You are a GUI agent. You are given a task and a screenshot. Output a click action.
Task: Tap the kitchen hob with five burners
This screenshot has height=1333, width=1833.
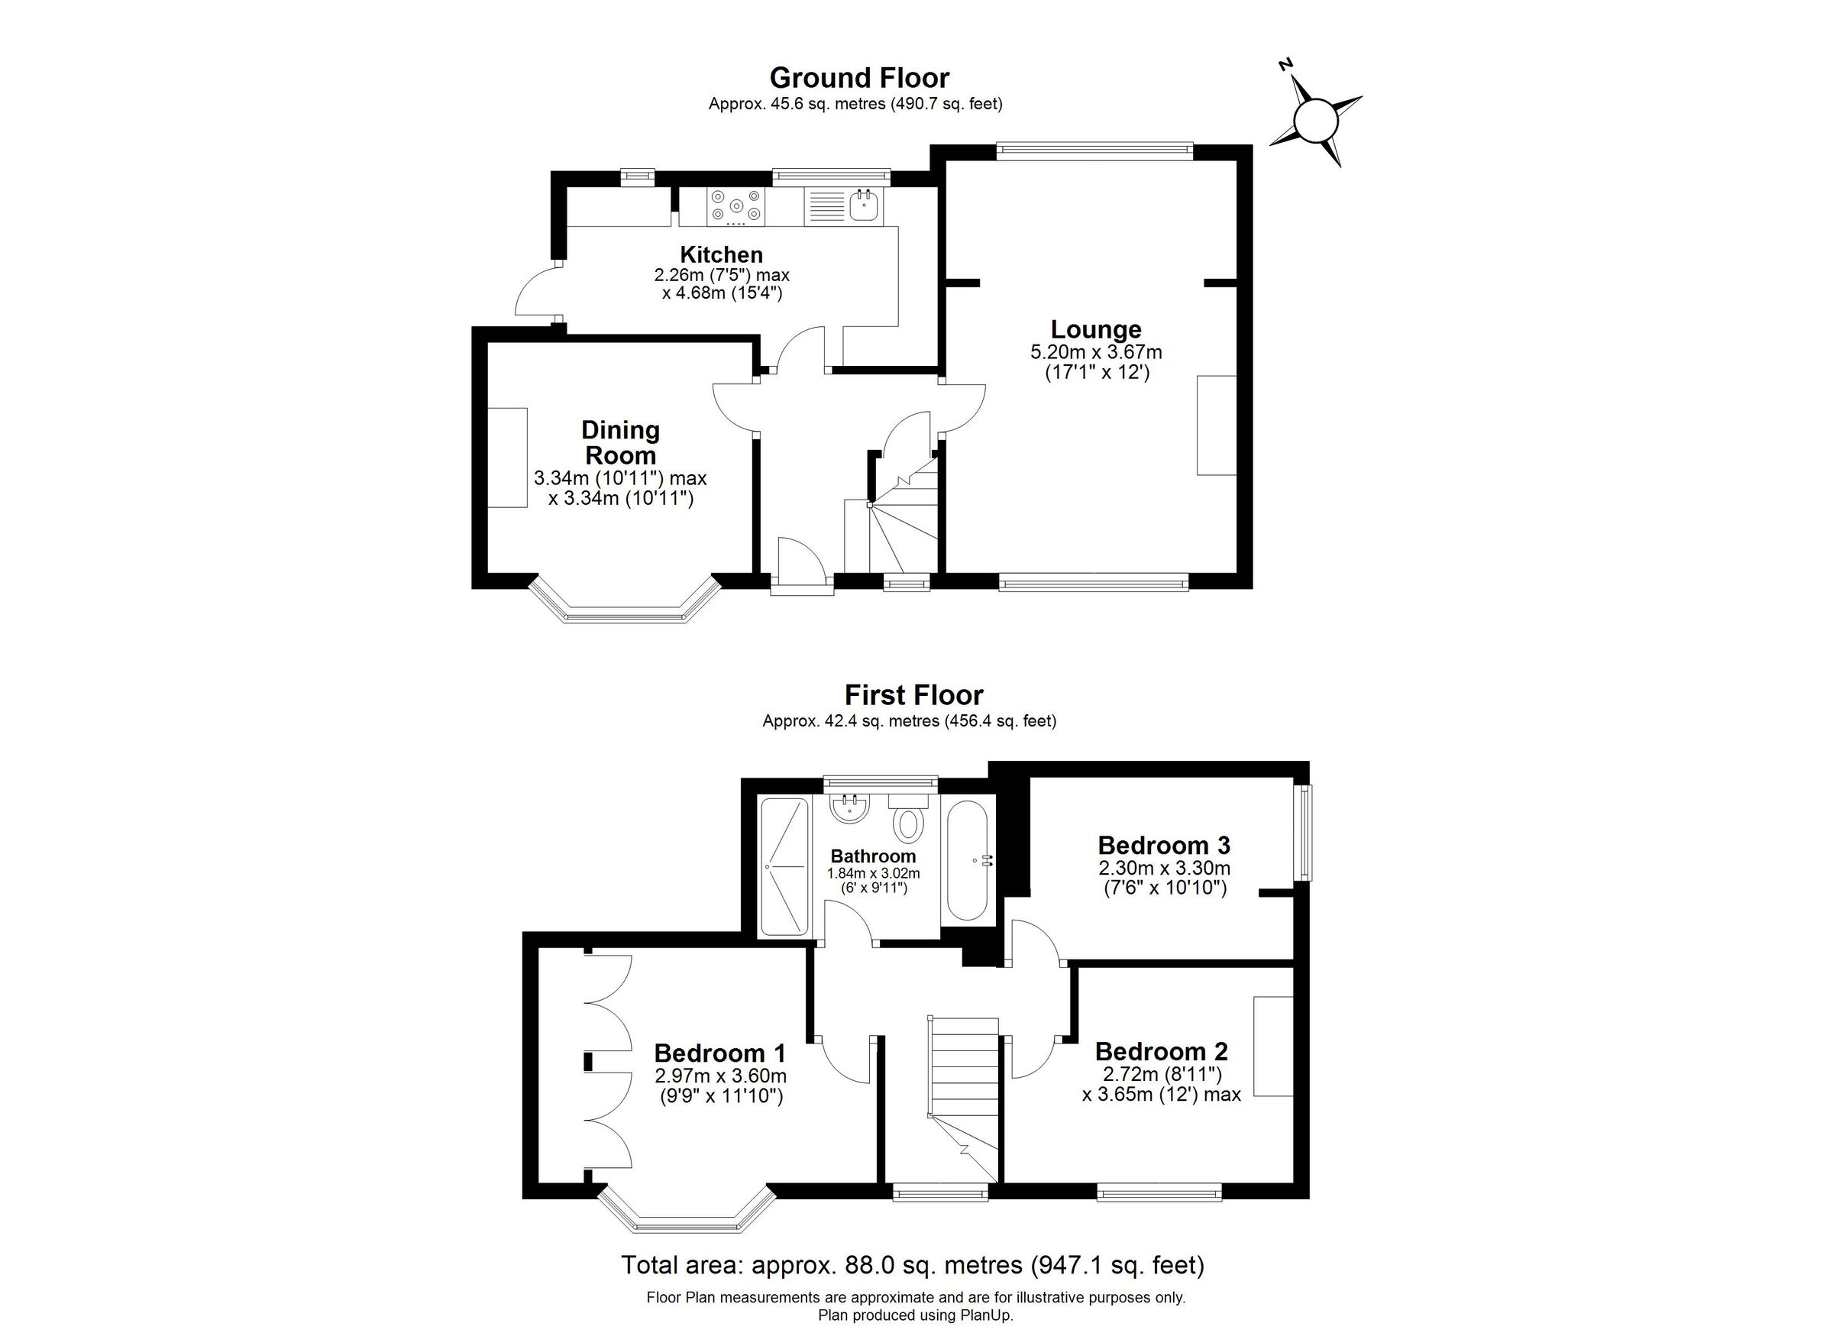pos(735,205)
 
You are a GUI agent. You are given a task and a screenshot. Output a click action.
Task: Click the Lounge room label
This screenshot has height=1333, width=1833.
pos(1096,329)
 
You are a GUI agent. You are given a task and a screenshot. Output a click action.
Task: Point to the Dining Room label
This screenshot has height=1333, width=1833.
pos(620,442)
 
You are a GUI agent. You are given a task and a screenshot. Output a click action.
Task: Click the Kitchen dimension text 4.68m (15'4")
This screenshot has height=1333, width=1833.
pos(722,293)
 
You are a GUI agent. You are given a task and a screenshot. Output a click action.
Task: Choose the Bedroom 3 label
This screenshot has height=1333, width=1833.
pos(1163,846)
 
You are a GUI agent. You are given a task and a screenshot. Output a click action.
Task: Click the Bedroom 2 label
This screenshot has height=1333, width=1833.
pos(1161,1052)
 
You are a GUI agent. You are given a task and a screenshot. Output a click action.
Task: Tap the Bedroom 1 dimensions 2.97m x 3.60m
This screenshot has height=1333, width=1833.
pos(720,1077)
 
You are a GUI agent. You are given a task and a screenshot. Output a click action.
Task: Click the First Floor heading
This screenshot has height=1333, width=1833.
pos(913,695)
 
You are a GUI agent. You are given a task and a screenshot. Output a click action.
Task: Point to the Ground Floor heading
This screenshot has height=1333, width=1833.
pos(858,78)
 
